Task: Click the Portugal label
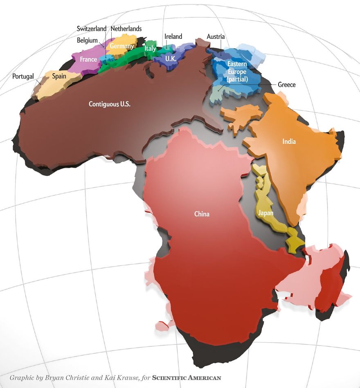click(23, 76)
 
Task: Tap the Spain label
click(59, 76)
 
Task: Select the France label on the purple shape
click(88, 60)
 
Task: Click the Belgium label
click(87, 40)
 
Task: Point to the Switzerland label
click(92, 29)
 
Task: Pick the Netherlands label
click(126, 29)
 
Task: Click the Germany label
click(122, 46)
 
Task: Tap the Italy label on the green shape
click(150, 49)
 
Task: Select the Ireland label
click(173, 36)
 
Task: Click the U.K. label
click(171, 59)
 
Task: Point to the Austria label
click(216, 36)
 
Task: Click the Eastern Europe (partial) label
click(237, 72)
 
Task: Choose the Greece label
click(286, 85)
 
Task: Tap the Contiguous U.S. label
click(110, 104)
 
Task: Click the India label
click(289, 142)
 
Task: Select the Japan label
click(265, 213)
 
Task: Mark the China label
click(202, 214)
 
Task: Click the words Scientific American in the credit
click(186, 378)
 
